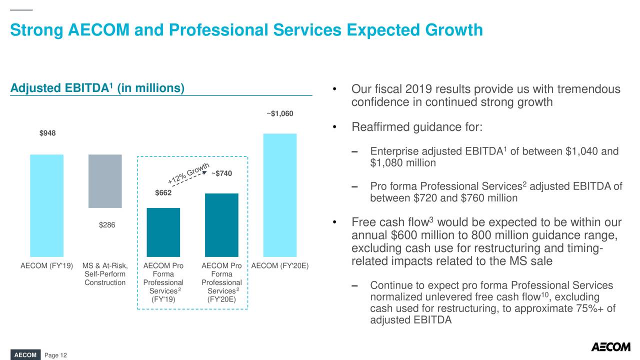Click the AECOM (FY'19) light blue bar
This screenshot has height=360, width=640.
46,205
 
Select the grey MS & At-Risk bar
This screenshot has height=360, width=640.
105,181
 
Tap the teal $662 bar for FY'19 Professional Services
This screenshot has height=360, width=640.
163,232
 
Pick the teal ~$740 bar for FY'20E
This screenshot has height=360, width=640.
221,225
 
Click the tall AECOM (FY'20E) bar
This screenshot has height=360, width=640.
279,195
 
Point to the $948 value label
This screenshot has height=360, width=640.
47,133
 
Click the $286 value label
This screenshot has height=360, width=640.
106,225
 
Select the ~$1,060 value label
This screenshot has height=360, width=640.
279,114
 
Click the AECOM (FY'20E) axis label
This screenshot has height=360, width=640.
279,265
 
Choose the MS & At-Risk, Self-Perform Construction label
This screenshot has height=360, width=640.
105,274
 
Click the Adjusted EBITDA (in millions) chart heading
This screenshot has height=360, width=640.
97,88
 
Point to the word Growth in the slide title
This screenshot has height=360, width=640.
453,30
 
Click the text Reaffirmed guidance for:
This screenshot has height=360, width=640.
416,127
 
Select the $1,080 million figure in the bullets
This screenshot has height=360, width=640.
402,163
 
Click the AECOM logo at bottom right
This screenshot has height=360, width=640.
610,347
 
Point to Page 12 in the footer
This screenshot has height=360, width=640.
55,355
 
